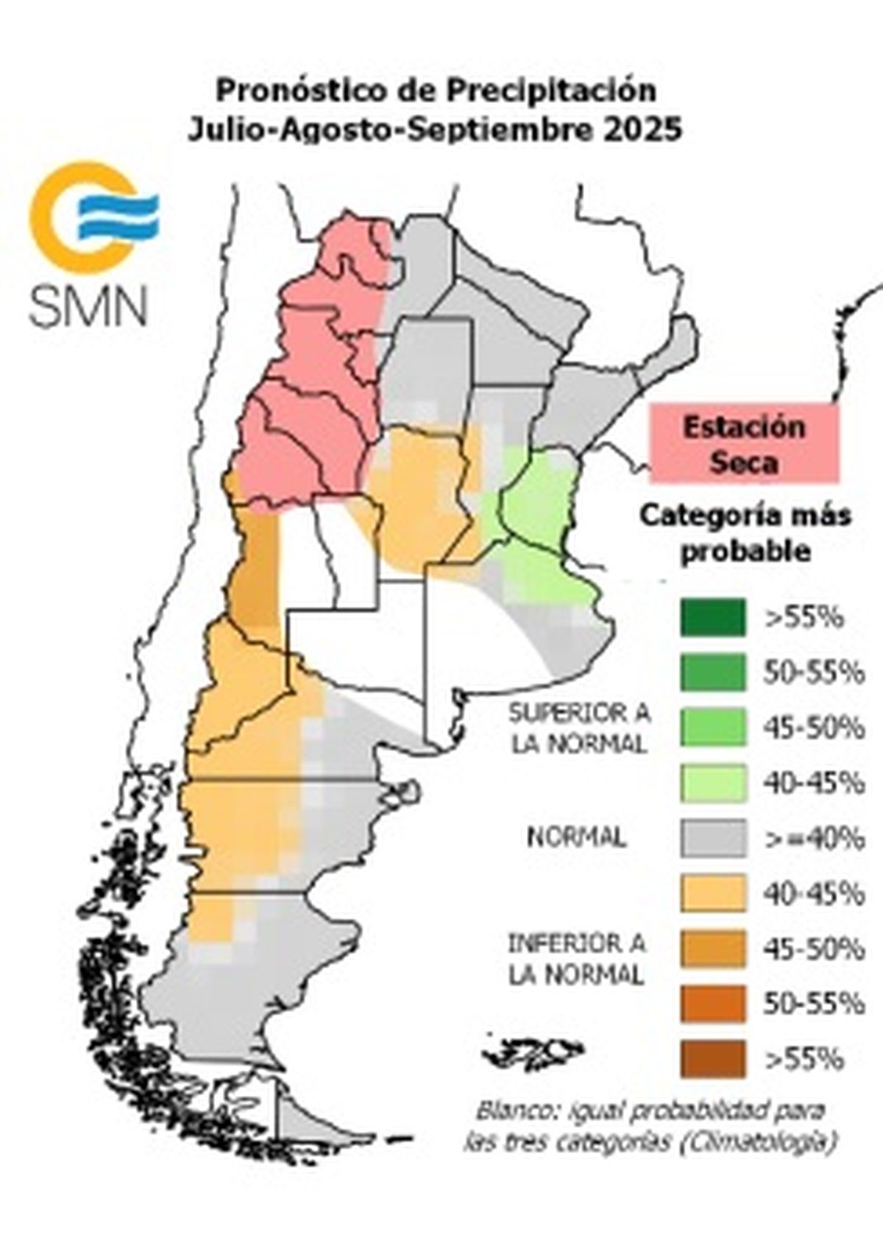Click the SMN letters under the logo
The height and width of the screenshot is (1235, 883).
[x=88, y=305]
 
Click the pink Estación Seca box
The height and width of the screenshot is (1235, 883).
[x=743, y=444]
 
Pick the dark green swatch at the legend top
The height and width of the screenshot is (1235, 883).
[x=712, y=618]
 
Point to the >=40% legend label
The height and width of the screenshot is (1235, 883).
[x=814, y=839]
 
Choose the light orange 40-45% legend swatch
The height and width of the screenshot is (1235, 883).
[x=712, y=894]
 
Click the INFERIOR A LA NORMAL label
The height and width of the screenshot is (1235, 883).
[x=577, y=958]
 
